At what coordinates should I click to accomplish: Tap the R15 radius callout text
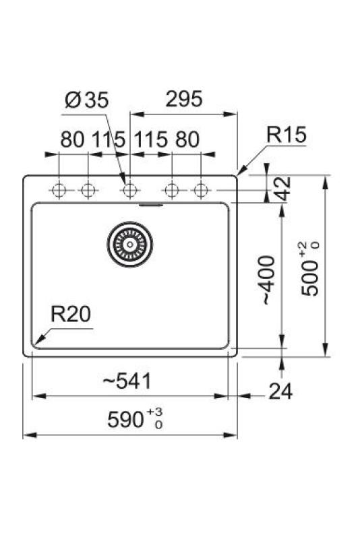286,135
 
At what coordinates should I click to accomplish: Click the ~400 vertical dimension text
268,280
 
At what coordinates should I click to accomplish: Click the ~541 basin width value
127,382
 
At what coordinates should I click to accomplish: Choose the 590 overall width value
125,420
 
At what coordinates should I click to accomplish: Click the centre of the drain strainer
128,243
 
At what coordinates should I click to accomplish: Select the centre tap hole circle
128,190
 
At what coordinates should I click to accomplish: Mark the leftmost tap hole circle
59,190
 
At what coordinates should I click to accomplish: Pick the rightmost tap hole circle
200,190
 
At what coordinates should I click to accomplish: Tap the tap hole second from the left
87,190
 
